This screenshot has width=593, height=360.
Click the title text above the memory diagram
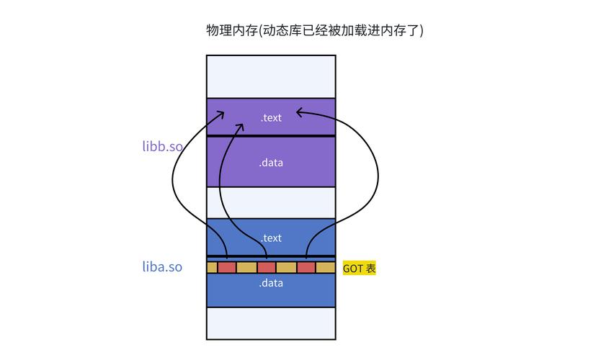click(x=315, y=30)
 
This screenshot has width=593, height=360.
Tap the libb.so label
click(x=162, y=146)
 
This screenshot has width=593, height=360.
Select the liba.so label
click(x=162, y=267)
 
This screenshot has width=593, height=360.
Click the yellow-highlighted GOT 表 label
click(x=359, y=269)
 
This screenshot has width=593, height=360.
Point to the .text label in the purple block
click(x=272, y=117)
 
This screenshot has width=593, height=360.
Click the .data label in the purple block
click(x=272, y=163)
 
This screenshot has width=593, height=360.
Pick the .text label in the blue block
click(x=272, y=238)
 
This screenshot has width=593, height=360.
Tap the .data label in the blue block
click(x=272, y=283)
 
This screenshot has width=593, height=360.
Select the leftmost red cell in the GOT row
click(x=227, y=268)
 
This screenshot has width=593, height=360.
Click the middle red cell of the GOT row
click(x=267, y=268)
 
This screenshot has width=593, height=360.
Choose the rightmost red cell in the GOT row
click(x=306, y=268)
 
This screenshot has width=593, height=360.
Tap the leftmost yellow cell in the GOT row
click(x=212, y=268)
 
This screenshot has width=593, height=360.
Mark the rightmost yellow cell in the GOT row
click(x=326, y=268)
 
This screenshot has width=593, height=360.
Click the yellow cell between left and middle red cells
click(x=247, y=268)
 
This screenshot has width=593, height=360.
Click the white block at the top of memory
click(x=272, y=76)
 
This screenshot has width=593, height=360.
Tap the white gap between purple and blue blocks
click(x=272, y=202)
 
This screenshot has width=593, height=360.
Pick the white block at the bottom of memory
click(x=272, y=322)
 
